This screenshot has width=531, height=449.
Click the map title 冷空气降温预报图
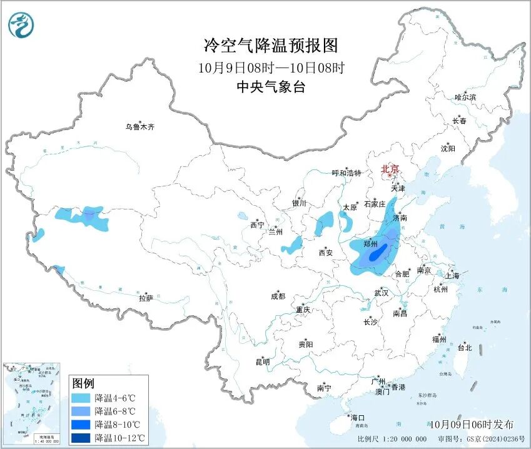(x=271, y=46)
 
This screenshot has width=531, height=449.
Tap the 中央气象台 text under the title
(x=271, y=87)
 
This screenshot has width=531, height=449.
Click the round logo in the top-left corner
(x=21, y=25)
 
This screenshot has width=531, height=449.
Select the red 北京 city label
(x=390, y=169)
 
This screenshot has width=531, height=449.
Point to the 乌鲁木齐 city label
(x=139, y=127)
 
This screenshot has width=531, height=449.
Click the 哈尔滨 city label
(x=465, y=98)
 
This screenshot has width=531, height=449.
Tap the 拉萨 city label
(x=146, y=298)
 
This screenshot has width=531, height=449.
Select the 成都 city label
(x=278, y=296)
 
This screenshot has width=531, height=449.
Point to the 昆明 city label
(x=262, y=361)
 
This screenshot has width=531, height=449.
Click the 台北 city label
(x=464, y=348)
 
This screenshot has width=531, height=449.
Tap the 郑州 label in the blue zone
(x=370, y=245)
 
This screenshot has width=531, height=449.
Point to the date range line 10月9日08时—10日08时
(x=271, y=67)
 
